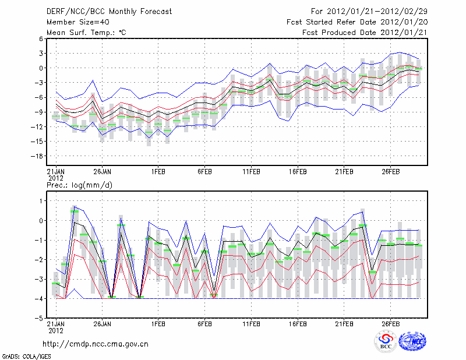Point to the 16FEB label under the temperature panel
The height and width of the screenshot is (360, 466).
[298, 172]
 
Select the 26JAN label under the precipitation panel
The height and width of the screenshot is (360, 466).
[103, 324]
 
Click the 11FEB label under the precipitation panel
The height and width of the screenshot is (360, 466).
[251, 324]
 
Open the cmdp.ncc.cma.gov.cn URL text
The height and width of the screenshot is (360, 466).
[96, 344]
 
